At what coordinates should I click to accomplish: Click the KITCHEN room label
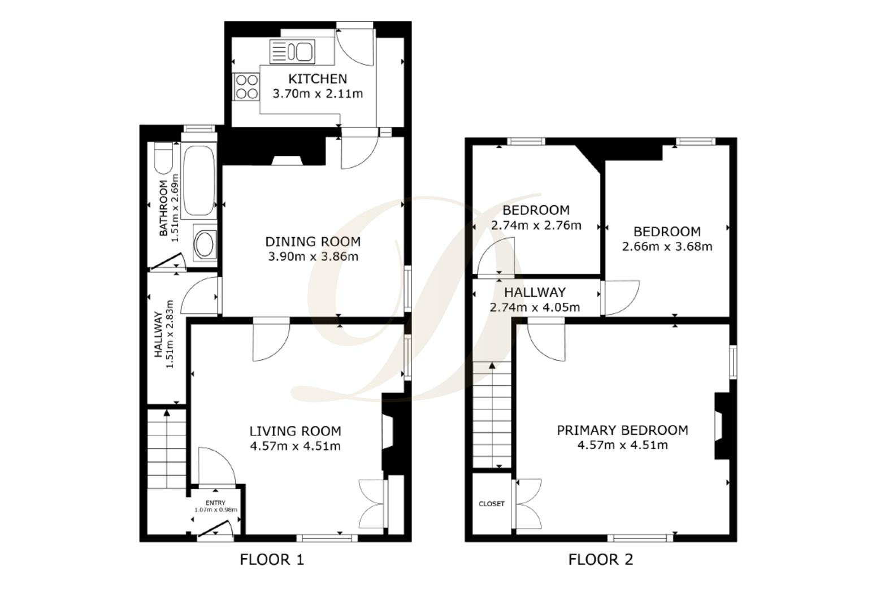(x=318, y=79)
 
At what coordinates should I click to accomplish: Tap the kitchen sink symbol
(x=292, y=51)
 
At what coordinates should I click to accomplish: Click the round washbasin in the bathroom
(x=203, y=245)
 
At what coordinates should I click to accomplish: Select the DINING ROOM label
(x=313, y=242)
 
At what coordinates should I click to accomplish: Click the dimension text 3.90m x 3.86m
(x=313, y=257)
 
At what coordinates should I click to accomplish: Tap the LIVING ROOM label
(x=295, y=431)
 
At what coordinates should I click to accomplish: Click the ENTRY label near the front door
(x=215, y=503)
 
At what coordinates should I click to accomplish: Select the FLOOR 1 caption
(x=272, y=560)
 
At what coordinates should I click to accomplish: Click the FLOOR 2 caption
(x=600, y=560)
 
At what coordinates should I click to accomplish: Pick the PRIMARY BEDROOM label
(x=622, y=430)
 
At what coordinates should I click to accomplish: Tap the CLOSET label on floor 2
(x=491, y=504)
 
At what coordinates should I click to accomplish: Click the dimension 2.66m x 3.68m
(x=667, y=247)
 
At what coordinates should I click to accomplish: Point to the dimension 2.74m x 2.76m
(x=536, y=225)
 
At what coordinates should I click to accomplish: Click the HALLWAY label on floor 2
(x=535, y=293)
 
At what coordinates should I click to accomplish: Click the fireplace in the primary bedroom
(x=721, y=426)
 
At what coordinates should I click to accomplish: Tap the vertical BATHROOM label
(x=163, y=208)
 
